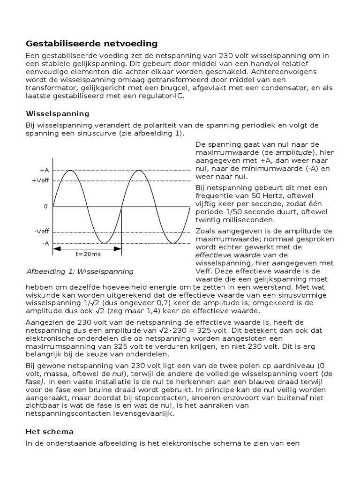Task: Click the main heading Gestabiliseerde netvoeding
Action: tap(91, 44)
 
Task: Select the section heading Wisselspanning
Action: tap(57, 114)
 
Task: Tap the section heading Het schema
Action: tap(49, 431)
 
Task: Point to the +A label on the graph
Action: tap(45, 170)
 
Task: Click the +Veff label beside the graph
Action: tap(41, 180)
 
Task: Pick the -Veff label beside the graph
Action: tap(42, 232)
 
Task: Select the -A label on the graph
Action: tap(45, 243)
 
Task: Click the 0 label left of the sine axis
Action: tap(46, 206)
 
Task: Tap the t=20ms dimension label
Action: tap(88, 255)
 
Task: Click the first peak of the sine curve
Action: tap(70, 170)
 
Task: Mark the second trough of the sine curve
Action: tap(173, 243)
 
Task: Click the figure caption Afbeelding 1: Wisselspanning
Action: tap(80, 271)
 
